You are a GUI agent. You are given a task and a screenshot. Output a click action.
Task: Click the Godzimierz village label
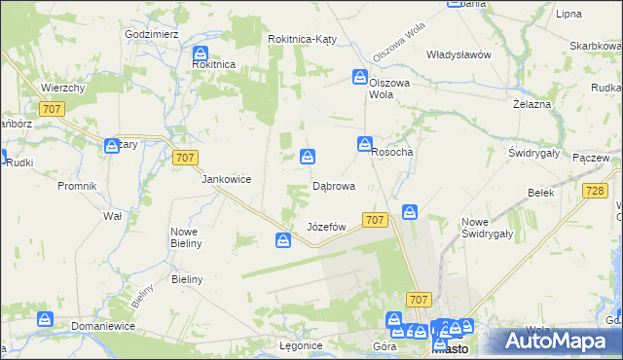pyautogui.click(x=151, y=33)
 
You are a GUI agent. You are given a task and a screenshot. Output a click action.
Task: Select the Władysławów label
pyautogui.click(x=458, y=54)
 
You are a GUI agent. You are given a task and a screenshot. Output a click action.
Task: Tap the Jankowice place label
pyautogui.click(x=227, y=179)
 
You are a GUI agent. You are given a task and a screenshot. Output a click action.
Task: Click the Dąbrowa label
pyautogui.click(x=333, y=185)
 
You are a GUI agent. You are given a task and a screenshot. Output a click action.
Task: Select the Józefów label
pyautogui.click(x=327, y=227)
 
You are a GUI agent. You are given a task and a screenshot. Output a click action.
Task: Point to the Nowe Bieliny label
pyautogui.click(x=186, y=236)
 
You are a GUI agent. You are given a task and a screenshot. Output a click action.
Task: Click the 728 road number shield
pyautogui.click(x=595, y=193)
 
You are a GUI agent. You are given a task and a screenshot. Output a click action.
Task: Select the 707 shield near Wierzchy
pyautogui.click(x=53, y=109)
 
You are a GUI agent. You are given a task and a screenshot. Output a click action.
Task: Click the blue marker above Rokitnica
pyautogui.click(x=201, y=54)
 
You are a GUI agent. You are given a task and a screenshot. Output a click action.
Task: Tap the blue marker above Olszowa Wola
pyautogui.click(x=360, y=77)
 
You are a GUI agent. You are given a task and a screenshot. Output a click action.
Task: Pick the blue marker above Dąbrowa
pyautogui.click(x=308, y=156)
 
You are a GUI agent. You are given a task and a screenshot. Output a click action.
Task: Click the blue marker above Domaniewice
pyautogui.click(x=45, y=318)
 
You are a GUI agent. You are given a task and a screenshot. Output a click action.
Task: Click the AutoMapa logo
pyautogui.click(x=556, y=341)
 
